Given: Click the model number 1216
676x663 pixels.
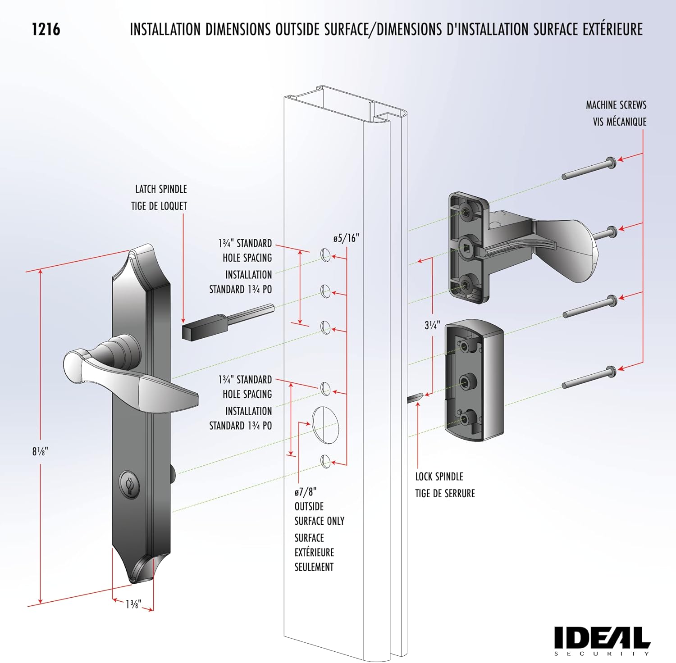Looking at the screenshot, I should tap(46, 30).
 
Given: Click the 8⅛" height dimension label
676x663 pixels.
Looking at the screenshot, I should tap(40, 451).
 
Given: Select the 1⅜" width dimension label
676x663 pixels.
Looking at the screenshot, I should tap(133, 604).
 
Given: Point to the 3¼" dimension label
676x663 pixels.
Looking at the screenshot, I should tap(432, 325).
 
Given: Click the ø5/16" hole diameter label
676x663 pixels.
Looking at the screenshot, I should tap(346, 238).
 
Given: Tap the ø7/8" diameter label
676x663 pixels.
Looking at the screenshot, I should tap(306, 492).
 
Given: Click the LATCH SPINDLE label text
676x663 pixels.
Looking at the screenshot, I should tap(161, 189).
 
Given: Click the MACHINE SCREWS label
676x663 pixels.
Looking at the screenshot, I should tap(616, 105).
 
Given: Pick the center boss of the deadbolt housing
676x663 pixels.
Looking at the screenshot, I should tap(465, 382).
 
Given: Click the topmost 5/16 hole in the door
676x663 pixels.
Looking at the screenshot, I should tap(325, 255).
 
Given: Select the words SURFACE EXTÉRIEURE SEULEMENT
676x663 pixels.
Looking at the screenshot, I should tap(314, 552).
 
